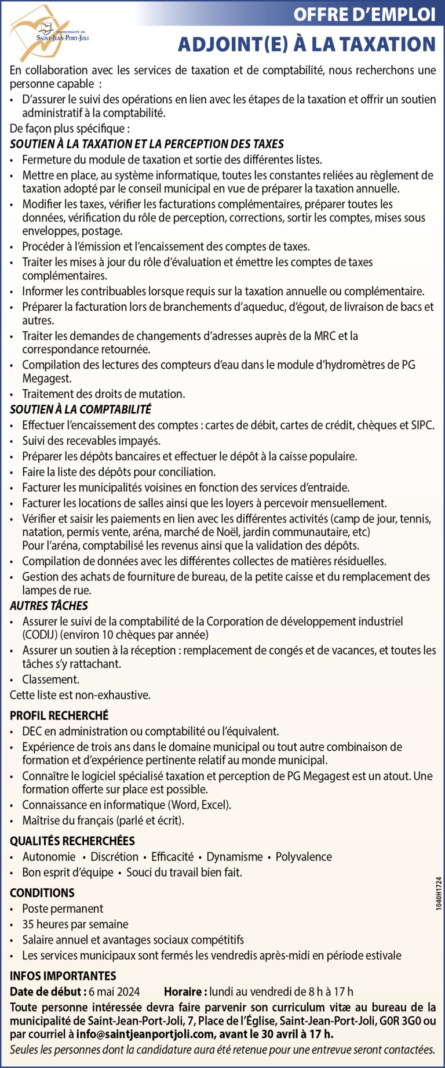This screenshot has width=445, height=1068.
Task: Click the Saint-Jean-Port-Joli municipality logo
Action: (49, 32)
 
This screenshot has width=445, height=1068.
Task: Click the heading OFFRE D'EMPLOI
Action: (364, 14)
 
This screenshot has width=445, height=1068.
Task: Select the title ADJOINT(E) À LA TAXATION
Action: (307, 44)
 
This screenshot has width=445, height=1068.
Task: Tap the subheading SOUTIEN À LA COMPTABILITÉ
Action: (81, 409)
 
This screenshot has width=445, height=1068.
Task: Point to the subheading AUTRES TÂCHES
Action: (49, 605)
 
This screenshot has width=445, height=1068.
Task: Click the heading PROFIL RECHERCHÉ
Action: (59, 715)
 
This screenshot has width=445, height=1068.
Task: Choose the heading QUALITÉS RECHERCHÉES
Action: (72, 841)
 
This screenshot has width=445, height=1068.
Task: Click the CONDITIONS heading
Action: (42, 893)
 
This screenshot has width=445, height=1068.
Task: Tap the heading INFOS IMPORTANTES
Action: (63, 976)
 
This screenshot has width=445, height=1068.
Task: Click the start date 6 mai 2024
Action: (114, 991)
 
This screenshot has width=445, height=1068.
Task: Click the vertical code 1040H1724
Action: (438, 893)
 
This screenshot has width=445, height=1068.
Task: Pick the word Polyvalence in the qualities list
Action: (304, 856)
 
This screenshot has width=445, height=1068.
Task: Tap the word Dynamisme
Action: (235, 856)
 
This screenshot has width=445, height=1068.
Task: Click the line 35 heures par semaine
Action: (75, 924)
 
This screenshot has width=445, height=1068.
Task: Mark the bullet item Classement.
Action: (51, 679)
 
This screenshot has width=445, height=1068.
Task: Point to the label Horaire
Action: (185, 991)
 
